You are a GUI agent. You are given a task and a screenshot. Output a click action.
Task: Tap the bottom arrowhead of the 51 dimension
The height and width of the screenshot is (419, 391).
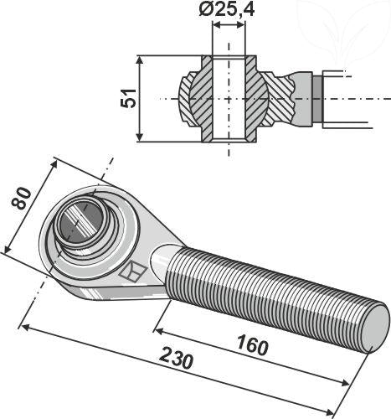141,137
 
